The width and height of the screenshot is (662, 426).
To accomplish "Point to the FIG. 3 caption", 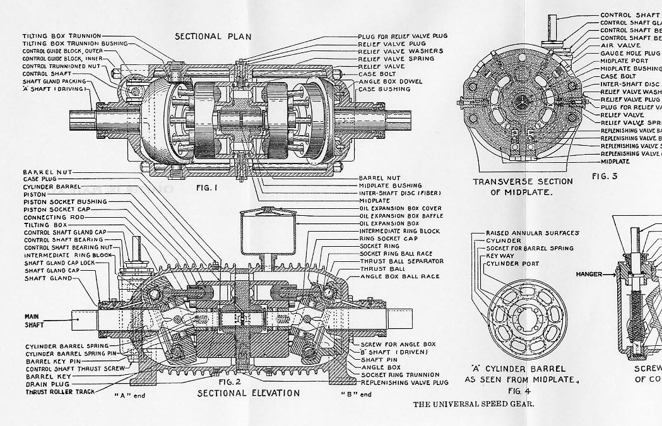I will point(606,176).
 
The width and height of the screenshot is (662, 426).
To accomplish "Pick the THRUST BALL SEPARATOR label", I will point(402,261).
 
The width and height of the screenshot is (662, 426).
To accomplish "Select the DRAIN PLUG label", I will point(45,384).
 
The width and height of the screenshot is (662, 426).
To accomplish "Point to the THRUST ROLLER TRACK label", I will point(60,392).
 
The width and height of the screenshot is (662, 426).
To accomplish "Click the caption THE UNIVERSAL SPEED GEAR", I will point(473,405).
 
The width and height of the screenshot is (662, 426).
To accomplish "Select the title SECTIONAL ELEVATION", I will point(248,393).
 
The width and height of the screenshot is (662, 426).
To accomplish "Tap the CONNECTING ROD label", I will point(53,217).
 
